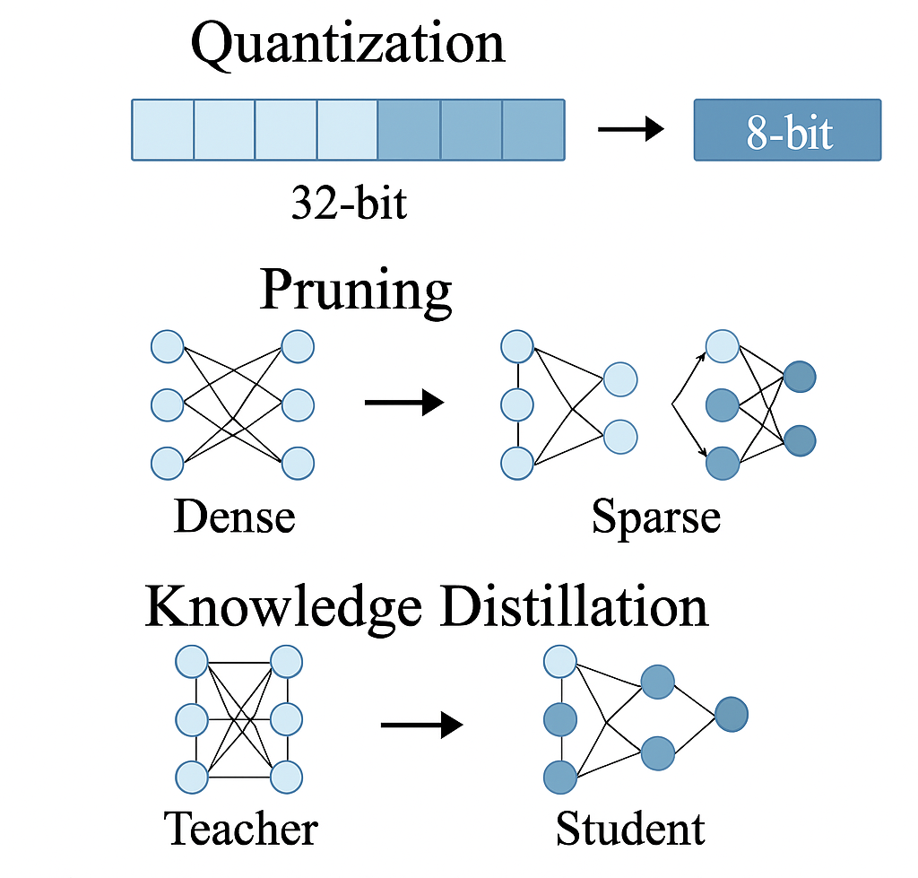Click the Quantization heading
[348, 42]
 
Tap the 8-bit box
[788, 130]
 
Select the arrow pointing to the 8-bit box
[630, 130]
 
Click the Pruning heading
[356, 291]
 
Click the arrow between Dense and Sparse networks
[404, 403]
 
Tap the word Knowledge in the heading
[282, 607]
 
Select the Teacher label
[241, 829]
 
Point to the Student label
[630, 829]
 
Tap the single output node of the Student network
[732, 715]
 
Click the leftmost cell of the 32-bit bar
[163, 130]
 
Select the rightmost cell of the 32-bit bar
[533, 130]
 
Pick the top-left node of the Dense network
[167, 346]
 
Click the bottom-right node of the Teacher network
[287, 776]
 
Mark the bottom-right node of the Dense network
[298, 464]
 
